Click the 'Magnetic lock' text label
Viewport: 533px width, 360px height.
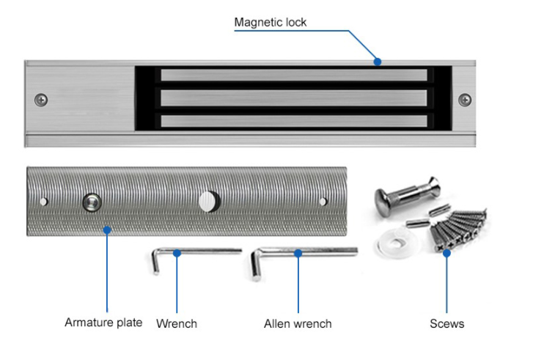click(x=270, y=22)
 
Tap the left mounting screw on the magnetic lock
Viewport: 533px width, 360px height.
click(x=42, y=99)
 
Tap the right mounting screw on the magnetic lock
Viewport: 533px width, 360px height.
click(x=465, y=99)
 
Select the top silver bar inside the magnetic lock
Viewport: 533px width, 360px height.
click(x=293, y=75)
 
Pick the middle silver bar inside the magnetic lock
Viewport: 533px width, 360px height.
click(x=293, y=98)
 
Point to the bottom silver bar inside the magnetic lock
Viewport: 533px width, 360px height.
click(x=293, y=121)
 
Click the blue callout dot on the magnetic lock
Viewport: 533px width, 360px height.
click(x=378, y=62)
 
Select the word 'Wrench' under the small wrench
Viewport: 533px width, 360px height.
click(x=177, y=323)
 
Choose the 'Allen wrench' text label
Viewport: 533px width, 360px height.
click(x=298, y=323)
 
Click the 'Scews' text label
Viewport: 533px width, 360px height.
click(x=446, y=323)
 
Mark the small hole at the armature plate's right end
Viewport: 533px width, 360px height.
click(x=323, y=201)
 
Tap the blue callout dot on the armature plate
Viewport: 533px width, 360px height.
click(x=107, y=229)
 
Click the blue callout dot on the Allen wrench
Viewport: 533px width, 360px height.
click(x=298, y=254)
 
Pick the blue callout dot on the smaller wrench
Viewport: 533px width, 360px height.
click(x=177, y=254)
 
